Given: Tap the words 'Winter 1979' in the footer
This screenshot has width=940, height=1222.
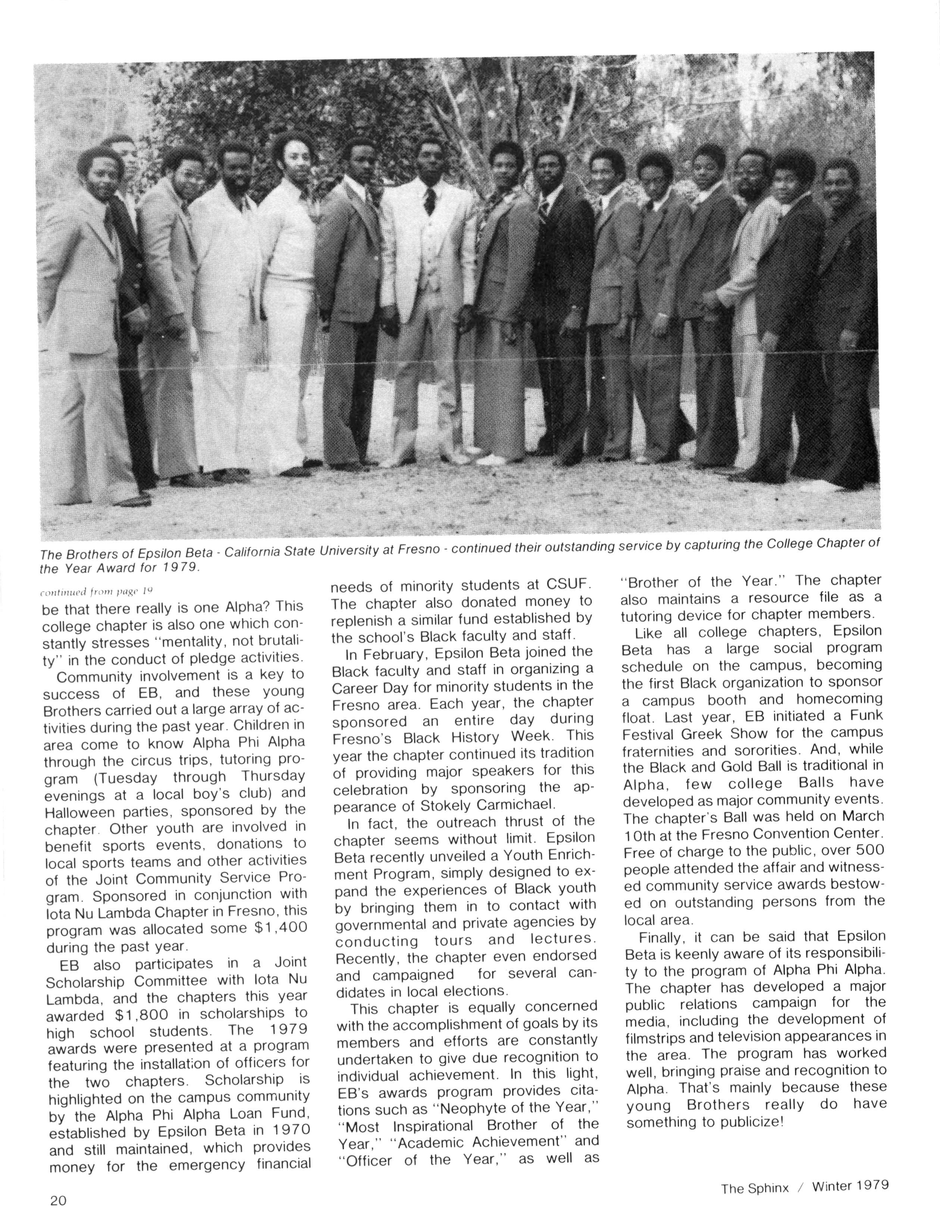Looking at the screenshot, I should [x=850, y=1185].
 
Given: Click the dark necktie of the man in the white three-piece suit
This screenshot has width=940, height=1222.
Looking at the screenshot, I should [x=429, y=202].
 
